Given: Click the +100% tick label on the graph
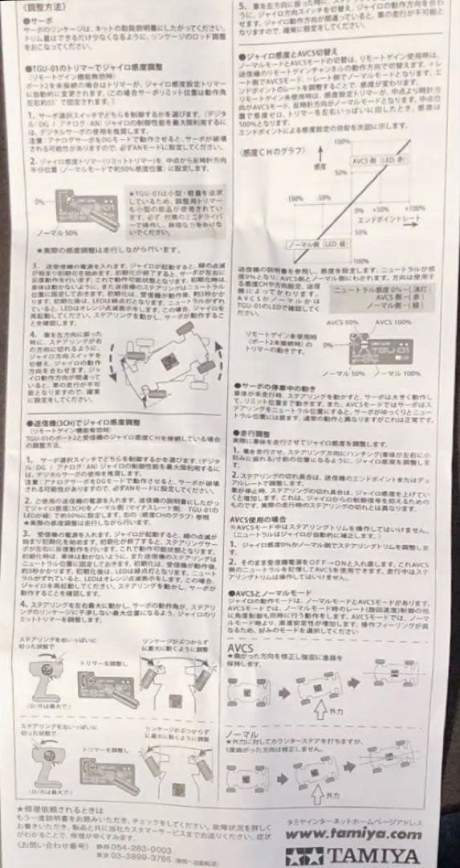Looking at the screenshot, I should click(415, 207).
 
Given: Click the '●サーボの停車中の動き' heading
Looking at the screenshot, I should click(279, 387).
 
